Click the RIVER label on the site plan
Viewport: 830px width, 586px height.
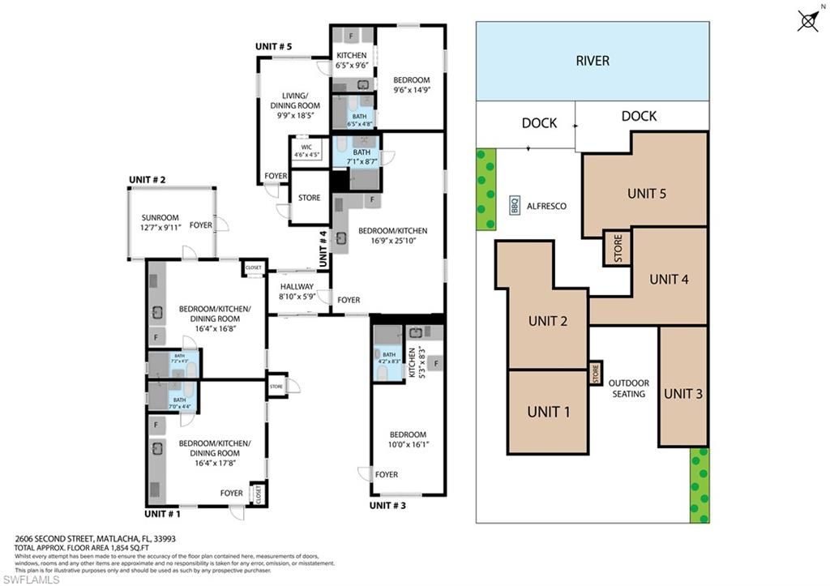click(x=592, y=61)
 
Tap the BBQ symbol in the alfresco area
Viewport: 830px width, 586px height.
click(x=514, y=206)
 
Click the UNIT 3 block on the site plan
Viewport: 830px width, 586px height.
click(x=682, y=394)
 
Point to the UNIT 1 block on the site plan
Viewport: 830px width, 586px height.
click(x=548, y=412)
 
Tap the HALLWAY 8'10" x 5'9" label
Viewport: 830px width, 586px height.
click(x=297, y=292)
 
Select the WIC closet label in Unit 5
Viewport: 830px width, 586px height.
click(x=306, y=150)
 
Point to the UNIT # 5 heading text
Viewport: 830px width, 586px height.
click(x=274, y=46)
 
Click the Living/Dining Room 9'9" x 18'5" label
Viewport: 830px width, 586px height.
click(x=295, y=105)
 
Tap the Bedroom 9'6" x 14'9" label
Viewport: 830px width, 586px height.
click(x=411, y=86)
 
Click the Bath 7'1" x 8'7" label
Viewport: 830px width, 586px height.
click(x=362, y=156)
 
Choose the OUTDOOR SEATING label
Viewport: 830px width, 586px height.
click(x=628, y=388)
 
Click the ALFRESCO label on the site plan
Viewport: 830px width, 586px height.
click(x=547, y=206)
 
